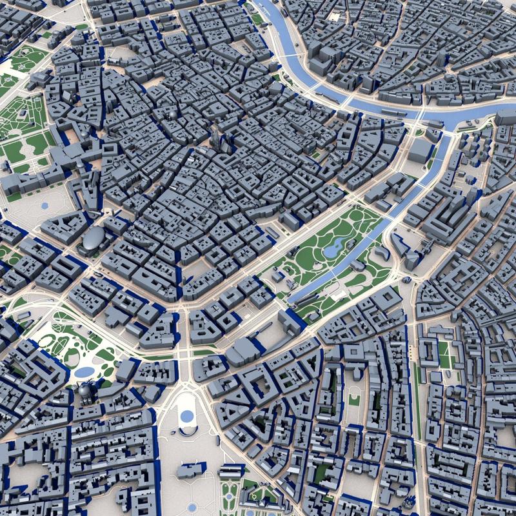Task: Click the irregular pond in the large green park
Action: click(336, 246)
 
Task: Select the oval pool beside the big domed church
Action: click(84, 372)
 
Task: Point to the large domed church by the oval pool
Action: click(86, 390)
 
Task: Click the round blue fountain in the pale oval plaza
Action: click(187, 416)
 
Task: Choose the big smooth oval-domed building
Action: click(94, 239)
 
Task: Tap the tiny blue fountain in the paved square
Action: click(45, 206)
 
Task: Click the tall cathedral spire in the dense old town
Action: click(215, 137)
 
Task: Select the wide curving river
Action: click(361, 103)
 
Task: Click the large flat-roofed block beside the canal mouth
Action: click(419, 150)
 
